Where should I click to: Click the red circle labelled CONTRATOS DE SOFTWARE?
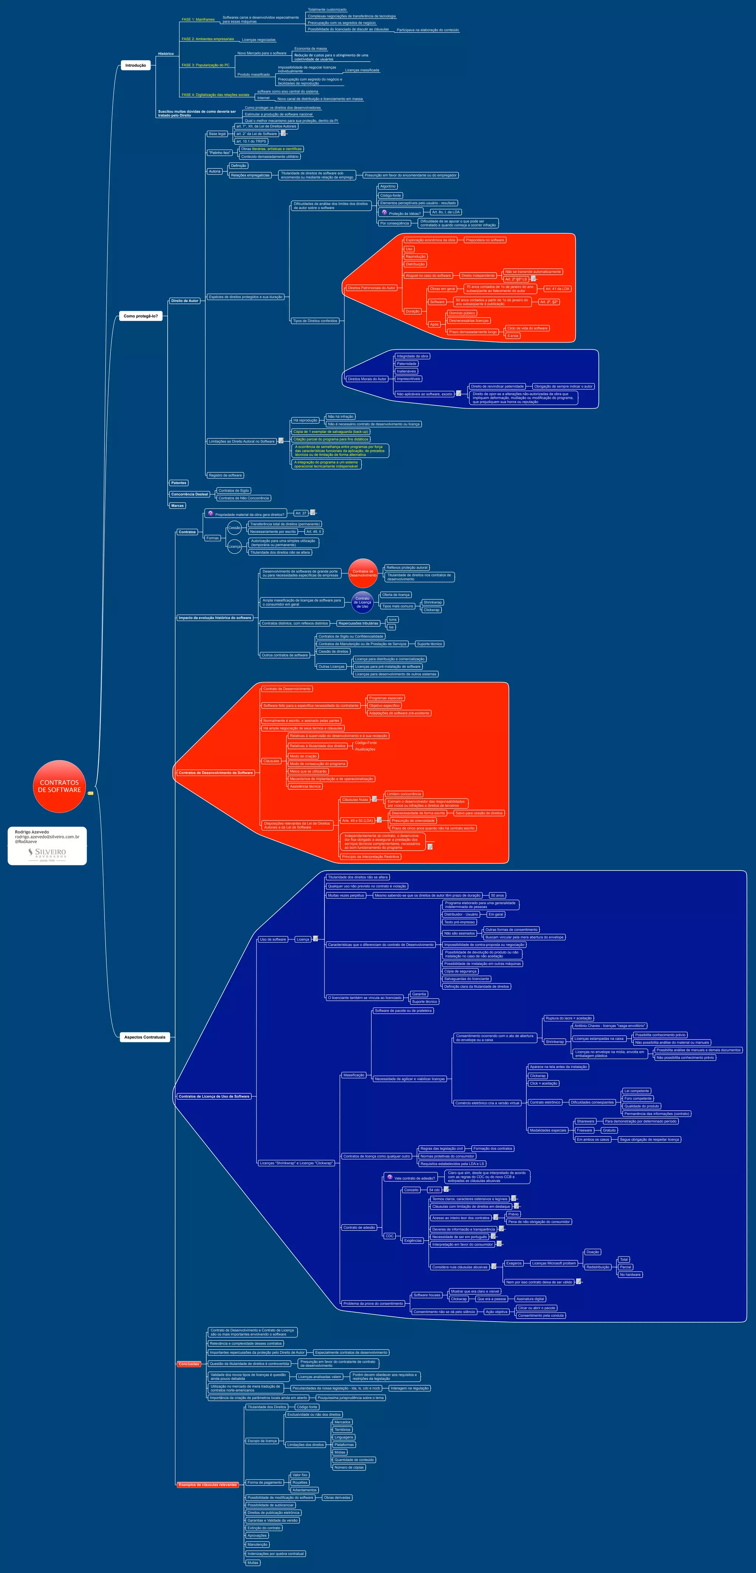pyautogui.click(x=59, y=786)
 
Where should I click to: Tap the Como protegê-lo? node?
pyautogui.click(x=141, y=316)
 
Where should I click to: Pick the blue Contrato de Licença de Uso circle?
pyautogui.click(x=362, y=602)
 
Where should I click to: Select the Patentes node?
pyautogui.click(x=178, y=482)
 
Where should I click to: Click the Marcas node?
pyautogui.click(x=177, y=506)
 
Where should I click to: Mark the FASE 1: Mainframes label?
pyautogui.click(x=198, y=20)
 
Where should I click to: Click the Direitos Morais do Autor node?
pyautogui.click(x=367, y=379)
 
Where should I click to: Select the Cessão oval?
pyautogui.click(x=234, y=528)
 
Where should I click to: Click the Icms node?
pyautogui.click(x=392, y=619)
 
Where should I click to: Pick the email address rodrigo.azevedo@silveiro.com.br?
pyautogui.click(x=47, y=837)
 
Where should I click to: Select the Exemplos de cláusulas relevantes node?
pyautogui.click(x=208, y=1485)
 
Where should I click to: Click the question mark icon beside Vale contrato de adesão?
pyautogui.click(x=390, y=1177)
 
